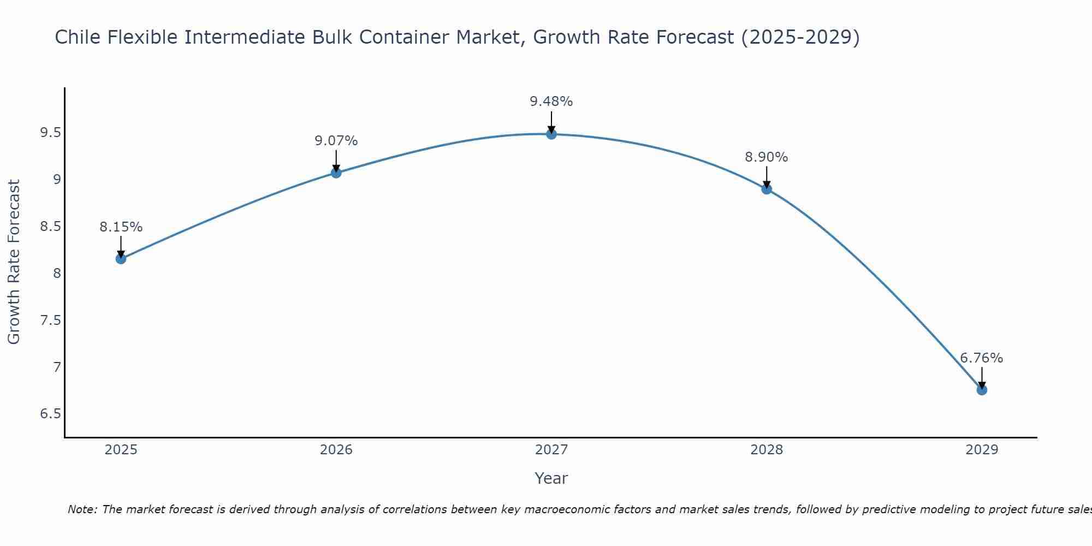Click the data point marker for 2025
(x=121, y=259)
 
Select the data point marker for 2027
(x=551, y=134)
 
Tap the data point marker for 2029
(x=982, y=390)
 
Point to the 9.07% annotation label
(x=336, y=141)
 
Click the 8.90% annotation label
(x=766, y=157)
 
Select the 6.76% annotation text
(x=981, y=358)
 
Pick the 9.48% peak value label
(x=551, y=102)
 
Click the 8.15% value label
(x=121, y=227)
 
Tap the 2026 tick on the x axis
(x=336, y=450)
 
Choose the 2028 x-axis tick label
(x=766, y=450)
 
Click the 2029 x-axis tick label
(x=981, y=450)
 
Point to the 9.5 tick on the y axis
(x=50, y=133)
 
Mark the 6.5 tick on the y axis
(x=50, y=414)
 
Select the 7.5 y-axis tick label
(x=50, y=320)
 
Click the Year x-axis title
(x=551, y=478)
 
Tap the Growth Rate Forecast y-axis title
(x=14, y=262)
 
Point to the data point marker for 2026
(x=336, y=173)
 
